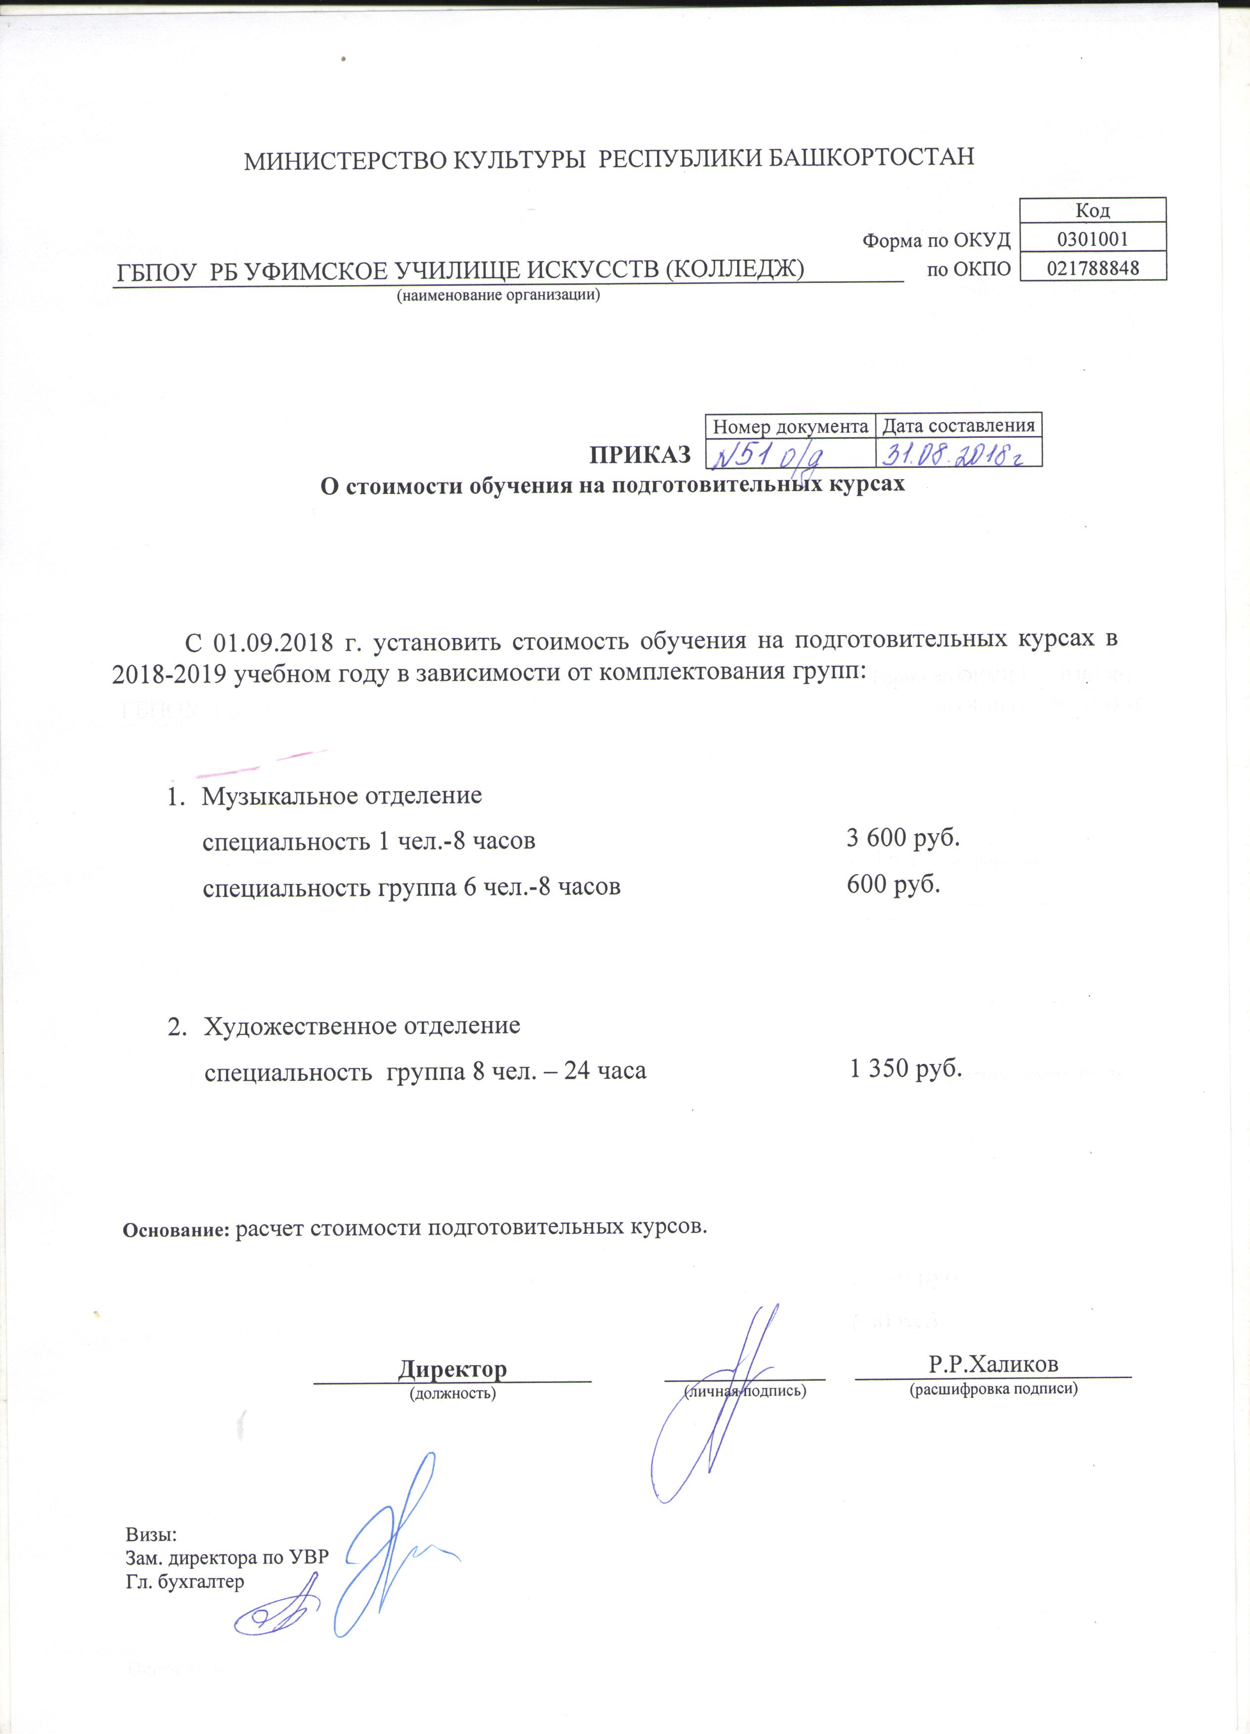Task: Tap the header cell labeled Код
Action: click(x=1092, y=210)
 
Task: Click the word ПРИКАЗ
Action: click(x=639, y=455)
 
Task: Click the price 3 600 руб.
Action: click(x=902, y=838)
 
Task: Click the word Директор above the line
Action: click(x=452, y=1369)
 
